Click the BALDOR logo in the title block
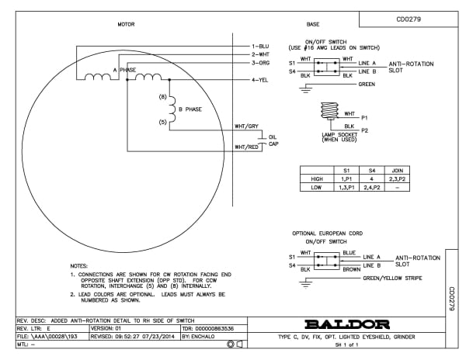[x=349, y=324]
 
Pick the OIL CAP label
[x=273, y=140]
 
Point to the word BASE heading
[x=313, y=24]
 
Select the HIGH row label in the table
[x=316, y=178]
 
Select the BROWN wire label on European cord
[x=350, y=269]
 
